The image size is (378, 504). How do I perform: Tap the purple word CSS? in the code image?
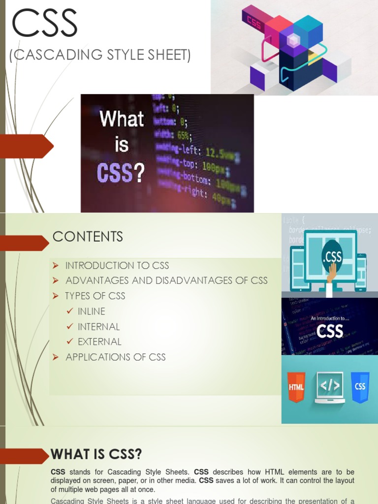pyautogui.click(x=121, y=173)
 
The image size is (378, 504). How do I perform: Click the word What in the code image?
pyautogui.click(x=122, y=119)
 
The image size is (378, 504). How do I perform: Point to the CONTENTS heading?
pyautogui.click(x=88, y=237)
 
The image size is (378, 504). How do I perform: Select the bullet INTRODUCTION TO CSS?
pyautogui.click(x=117, y=266)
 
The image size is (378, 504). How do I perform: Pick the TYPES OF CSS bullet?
pyautogui.click(x=95, y=296)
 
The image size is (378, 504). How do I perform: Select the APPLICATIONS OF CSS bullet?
pyautogui.click(x=116, y=357)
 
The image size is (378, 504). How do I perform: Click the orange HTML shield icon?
pyautogui.click(x=296, y=386)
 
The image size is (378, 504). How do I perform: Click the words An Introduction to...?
pyautogui.click(x=329, y=318)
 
